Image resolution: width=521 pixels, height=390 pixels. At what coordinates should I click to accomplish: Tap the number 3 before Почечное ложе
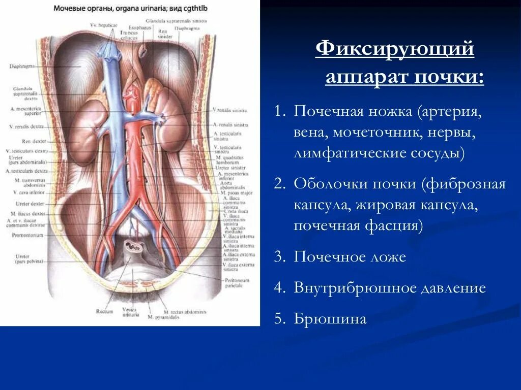[278, 257]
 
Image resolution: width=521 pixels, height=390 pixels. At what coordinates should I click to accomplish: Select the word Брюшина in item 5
[330, 319]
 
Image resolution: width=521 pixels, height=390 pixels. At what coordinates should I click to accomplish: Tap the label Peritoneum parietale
[237, 282]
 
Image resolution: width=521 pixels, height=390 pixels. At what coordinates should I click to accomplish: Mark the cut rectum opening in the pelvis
[135, 247]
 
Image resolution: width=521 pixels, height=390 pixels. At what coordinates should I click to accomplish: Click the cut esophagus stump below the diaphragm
[144, 51]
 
